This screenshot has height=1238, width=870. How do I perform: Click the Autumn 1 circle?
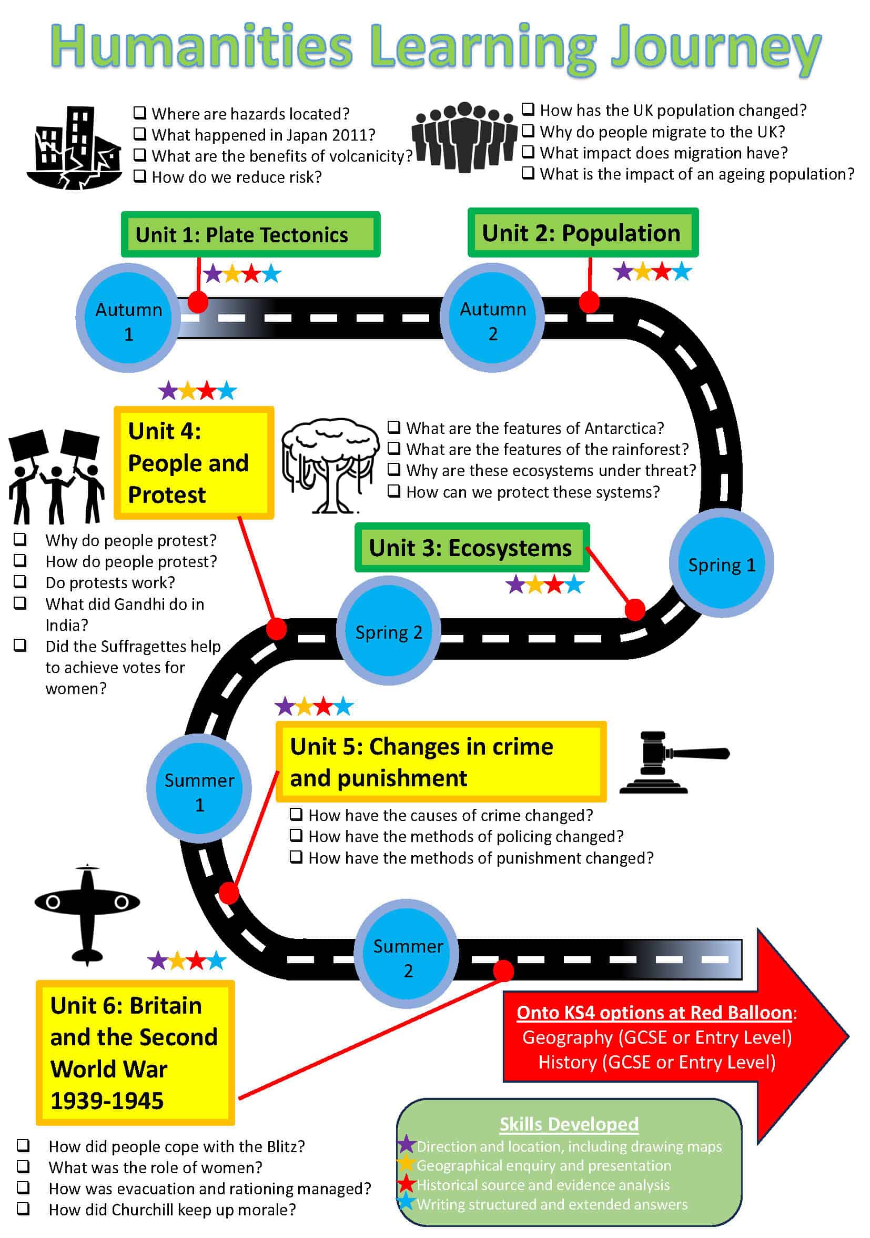click(128, 321)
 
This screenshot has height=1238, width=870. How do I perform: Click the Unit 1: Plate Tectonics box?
click(250, 234)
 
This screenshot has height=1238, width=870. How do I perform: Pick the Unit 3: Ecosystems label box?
click(471, 547)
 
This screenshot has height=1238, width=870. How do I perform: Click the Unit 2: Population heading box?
click(582, 233)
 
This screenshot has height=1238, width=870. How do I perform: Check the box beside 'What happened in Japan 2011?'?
click(140, 134)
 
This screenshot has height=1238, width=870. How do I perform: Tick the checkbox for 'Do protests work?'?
click(20, 581)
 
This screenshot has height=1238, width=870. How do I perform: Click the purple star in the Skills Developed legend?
click(406, 1144)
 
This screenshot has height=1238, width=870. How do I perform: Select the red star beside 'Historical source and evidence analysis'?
click(406, 1184)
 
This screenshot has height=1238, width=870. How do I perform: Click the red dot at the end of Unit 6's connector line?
click(503, 970)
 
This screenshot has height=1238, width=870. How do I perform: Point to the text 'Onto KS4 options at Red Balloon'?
click(654, 1012)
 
